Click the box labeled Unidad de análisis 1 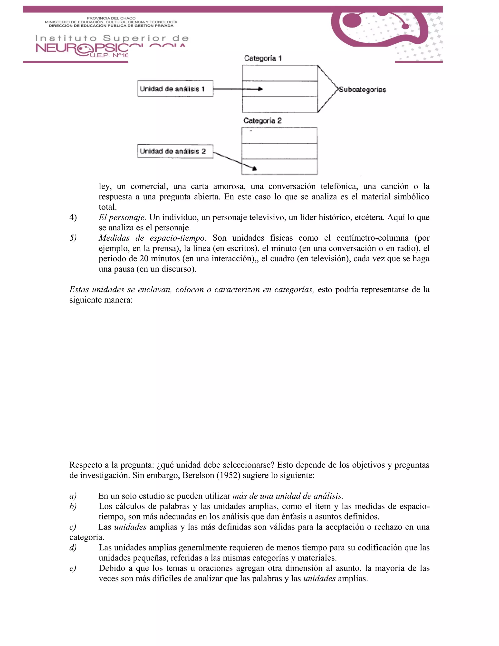[175, 89]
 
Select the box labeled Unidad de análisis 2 [175, 151]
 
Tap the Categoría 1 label [262, 58]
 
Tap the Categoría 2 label [262, 121]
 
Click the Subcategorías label [362, 90]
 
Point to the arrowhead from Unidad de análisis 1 [260, 89]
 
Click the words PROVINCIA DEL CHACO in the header [111, 18]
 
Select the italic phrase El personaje [122, 217]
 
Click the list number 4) [73, 217]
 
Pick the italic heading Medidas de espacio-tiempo [152, 238]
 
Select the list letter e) [73, 568]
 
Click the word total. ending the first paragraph [108, 207]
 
